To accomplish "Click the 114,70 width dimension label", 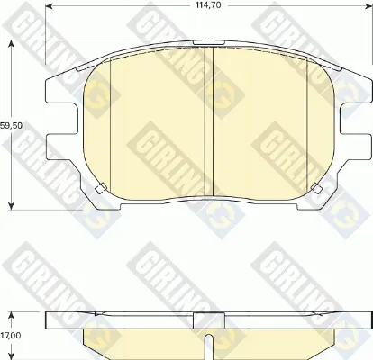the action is point(208,5).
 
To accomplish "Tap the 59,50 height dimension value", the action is point(11,126).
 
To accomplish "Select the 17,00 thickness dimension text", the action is point(11,336).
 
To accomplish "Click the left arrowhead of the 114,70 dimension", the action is point(50,6).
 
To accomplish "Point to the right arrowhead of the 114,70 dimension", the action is point(368,6).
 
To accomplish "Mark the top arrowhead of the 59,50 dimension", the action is point(12,44).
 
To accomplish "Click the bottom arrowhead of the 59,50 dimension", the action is point(12,206).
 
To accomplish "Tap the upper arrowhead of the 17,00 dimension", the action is point(12,316).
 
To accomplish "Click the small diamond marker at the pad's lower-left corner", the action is point(100,188).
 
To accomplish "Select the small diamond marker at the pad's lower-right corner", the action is point(316,188).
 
